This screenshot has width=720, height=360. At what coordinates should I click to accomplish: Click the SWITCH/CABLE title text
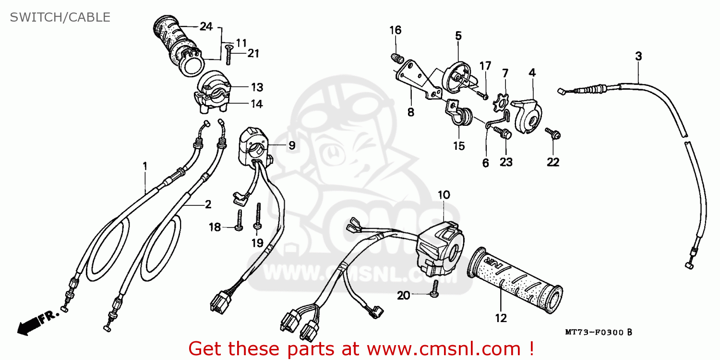(60, 17)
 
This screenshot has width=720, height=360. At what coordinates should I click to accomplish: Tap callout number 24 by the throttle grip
(206, 26)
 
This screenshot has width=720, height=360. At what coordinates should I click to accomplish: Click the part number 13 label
(257, 87)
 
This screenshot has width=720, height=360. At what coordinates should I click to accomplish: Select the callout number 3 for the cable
(638, 56)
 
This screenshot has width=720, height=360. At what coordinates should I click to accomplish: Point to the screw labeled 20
(435, 289)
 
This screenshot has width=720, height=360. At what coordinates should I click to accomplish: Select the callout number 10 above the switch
(444, 194)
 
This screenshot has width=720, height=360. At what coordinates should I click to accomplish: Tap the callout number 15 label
(459, 146)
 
